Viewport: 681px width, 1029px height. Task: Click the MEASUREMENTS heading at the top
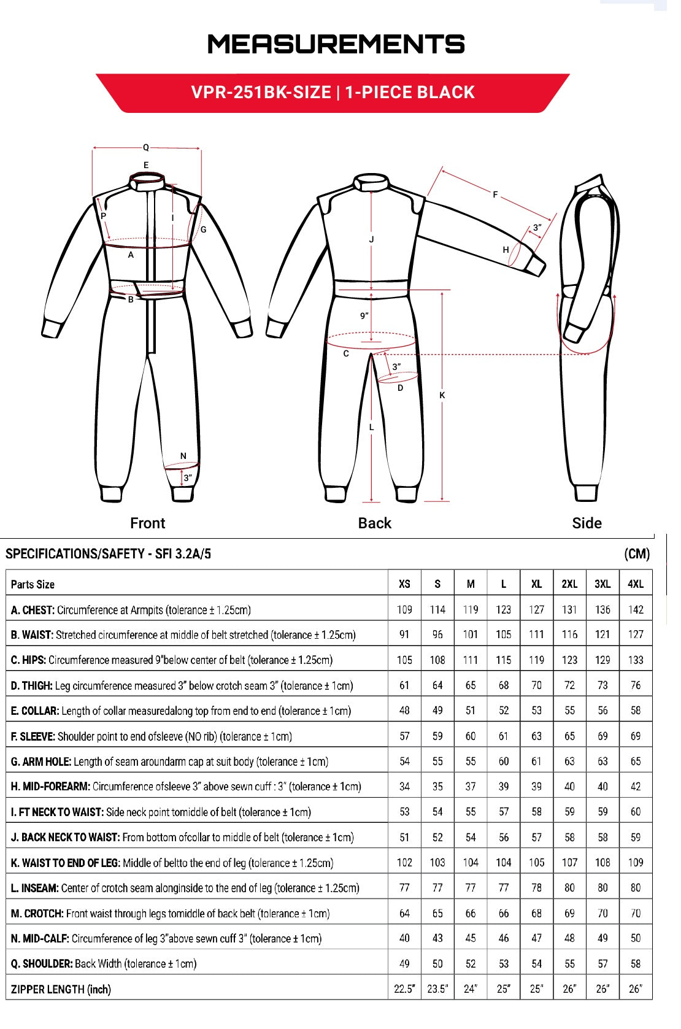336,44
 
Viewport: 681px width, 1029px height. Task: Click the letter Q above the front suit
146,147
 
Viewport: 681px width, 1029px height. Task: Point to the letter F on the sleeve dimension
495,195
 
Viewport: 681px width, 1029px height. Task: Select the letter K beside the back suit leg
442,396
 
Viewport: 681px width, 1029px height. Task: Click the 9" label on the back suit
364,316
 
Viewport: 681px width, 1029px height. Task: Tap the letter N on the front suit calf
183,456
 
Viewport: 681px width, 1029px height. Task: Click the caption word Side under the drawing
587,523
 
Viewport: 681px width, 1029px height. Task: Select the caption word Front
148,523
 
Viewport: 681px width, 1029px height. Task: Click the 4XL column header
636,584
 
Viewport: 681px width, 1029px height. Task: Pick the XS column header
404,584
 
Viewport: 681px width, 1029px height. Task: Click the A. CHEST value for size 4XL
636,610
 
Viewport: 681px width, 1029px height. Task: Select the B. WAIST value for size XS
404,634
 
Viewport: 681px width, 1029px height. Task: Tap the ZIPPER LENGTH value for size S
437,989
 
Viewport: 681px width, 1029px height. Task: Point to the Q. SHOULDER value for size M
471,964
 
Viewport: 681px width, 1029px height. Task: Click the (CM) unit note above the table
637,554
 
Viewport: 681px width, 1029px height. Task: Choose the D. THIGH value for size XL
537,685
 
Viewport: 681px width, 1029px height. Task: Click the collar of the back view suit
372,182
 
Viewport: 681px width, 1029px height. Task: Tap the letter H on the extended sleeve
506,250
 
